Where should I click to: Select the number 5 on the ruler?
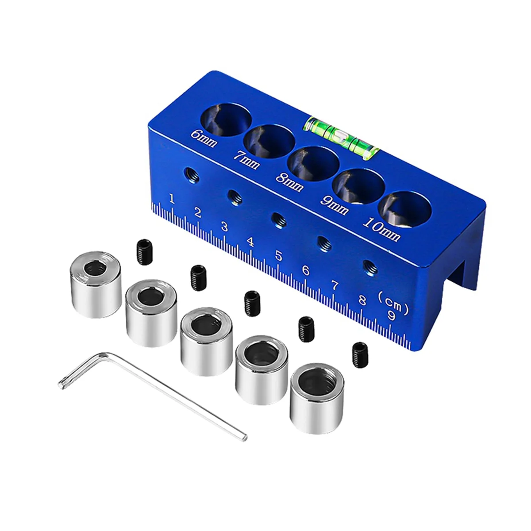279,256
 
